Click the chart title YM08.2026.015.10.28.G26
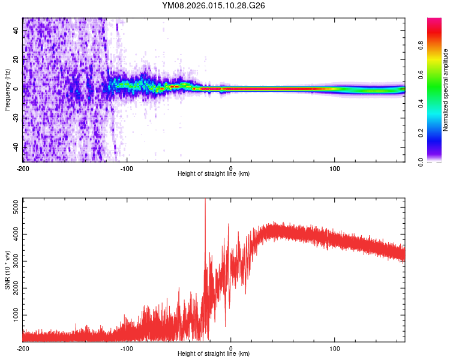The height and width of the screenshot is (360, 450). click(x=214, y=5)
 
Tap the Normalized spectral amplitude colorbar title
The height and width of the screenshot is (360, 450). click(x=446, y=90)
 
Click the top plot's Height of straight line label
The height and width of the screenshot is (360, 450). click(x=214, y=173)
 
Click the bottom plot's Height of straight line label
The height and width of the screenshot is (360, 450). click(x=214, y=353)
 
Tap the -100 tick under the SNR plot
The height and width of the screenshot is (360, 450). click(x=127, y=348)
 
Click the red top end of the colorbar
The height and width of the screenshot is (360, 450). click(x=434, y=20)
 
